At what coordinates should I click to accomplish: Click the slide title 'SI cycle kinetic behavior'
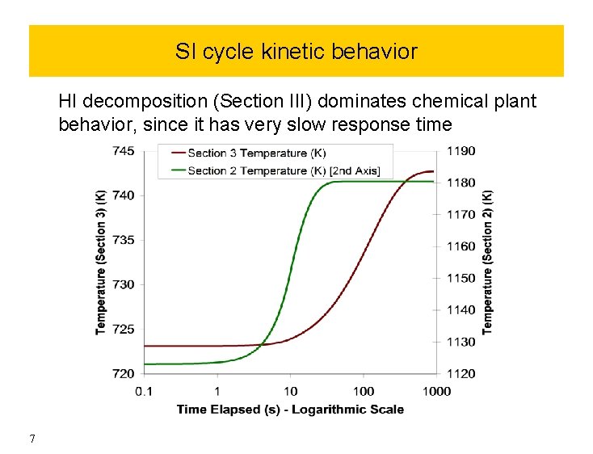296,52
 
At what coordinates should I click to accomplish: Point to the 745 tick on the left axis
124,150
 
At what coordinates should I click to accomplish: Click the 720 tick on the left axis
124,373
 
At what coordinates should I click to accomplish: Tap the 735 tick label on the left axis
124,240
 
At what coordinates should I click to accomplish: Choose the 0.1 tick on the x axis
144,392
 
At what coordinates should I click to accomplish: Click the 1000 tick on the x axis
436,392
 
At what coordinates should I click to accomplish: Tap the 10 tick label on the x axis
290,392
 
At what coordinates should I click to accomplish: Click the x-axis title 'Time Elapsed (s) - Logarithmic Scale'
290,410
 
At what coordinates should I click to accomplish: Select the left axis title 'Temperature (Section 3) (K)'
101,262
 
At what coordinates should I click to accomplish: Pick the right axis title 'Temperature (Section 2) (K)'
487,262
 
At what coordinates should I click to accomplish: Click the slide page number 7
32,439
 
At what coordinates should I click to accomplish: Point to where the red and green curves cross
262,346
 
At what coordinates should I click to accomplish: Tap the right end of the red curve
433,171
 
